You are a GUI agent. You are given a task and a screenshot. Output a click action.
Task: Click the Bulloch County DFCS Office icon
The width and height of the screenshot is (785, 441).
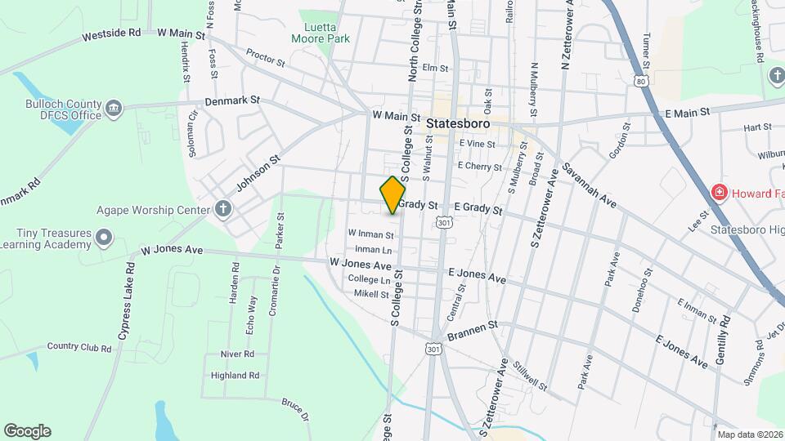114,106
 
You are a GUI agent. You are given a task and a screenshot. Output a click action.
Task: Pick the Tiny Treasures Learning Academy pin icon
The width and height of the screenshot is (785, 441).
104,238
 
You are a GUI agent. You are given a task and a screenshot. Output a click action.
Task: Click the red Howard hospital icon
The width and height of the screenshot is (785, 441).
720,193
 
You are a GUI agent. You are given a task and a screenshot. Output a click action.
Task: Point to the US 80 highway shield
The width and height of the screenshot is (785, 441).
641,81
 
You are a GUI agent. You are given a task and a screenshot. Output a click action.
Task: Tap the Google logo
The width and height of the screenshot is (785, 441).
27,431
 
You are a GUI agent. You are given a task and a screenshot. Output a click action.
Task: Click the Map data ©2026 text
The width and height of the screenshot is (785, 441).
748,434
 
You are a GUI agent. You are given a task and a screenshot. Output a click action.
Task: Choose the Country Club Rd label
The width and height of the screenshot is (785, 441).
78,347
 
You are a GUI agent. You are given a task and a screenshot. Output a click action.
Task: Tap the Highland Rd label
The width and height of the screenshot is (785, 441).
235,376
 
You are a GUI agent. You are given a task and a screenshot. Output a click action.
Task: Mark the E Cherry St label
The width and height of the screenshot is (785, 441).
480,166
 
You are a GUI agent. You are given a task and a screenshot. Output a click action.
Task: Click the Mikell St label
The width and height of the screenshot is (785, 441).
372,293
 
